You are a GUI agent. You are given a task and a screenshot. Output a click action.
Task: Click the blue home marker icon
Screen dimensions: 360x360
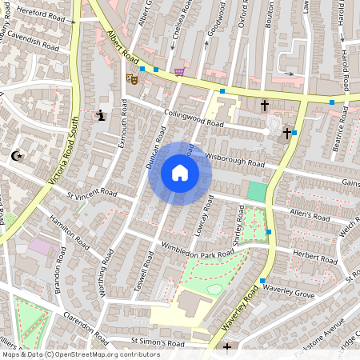pos(180,173)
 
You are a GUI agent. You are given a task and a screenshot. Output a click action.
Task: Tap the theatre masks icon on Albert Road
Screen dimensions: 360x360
pos(132,78)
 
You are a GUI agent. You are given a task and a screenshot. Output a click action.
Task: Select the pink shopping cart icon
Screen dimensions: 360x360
pos(180,72)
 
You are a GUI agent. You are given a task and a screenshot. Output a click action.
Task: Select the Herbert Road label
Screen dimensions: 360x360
pos(315,256)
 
